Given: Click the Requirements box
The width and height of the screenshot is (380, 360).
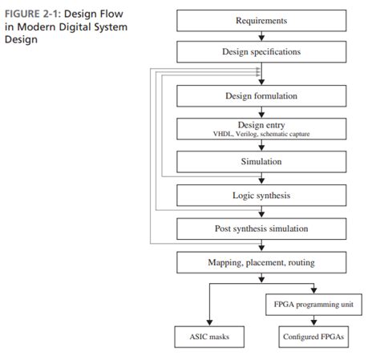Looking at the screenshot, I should [261, 21].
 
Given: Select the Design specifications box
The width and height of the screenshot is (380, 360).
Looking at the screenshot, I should [261, 51].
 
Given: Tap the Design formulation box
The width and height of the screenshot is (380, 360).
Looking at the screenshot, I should [261, 96].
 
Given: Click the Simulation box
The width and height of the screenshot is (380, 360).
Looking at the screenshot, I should [261, 161].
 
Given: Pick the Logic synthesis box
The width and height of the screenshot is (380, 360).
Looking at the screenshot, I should [261, 195].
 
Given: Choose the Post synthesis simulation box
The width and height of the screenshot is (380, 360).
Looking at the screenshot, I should [261, 229].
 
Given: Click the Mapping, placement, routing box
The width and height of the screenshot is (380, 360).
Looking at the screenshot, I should [261, 262].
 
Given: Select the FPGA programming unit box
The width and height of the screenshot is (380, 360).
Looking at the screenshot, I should [312, 305].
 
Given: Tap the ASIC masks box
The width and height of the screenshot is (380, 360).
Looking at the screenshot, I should [208, 336].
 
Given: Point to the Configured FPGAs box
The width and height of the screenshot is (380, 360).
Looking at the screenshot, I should [312, 336].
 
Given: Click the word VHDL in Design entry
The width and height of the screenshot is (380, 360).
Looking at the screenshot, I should [223, 135].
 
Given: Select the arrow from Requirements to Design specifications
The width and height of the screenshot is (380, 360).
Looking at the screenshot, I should [261, 36].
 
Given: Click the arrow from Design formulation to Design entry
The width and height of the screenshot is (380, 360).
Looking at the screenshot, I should [261, 113].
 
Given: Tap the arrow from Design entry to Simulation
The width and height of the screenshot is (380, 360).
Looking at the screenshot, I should [261, 147].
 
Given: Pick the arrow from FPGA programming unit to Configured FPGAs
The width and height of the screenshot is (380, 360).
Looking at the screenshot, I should [312, 321].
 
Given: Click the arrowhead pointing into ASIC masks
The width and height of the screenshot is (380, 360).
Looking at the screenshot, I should [208, 323].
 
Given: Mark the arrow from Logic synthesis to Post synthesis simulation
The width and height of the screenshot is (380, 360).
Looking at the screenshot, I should [261, 212].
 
